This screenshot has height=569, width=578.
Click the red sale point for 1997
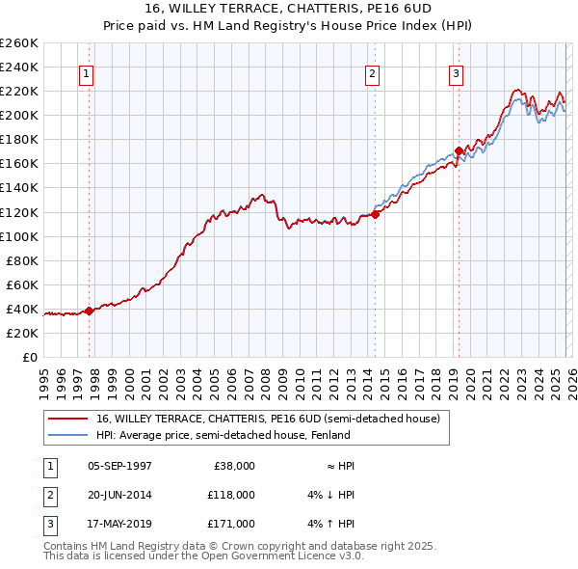point(89,311)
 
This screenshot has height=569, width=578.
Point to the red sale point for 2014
point(375,214)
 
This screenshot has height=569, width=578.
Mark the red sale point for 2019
point(459,150)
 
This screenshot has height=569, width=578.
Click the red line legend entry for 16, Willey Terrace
point(268,419)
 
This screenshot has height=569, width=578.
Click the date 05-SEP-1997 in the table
point(119,466)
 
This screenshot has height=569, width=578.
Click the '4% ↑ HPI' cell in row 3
point(331,524)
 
